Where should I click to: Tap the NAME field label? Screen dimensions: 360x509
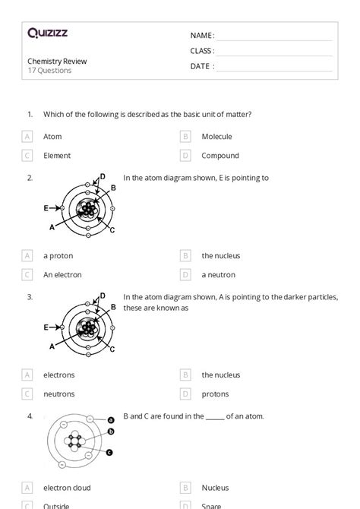202,36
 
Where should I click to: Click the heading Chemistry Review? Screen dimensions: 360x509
57,62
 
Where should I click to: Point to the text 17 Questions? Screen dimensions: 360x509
49,71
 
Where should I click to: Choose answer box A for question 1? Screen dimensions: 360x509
27,137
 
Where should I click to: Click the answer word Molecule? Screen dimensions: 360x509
216,137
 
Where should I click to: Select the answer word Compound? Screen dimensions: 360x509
220,156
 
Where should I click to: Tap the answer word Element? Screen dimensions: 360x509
57,156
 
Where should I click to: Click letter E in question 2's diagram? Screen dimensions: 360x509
46,207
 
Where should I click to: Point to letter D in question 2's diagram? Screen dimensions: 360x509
103,177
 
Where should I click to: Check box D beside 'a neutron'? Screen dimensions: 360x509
185,275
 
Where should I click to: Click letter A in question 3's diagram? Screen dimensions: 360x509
52,346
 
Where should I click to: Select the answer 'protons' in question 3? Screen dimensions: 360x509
215,394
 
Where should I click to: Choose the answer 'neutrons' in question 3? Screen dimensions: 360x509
59,394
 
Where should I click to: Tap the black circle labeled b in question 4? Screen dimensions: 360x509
111,432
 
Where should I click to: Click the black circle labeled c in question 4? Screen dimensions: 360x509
109,453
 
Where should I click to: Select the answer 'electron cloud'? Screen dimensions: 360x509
67,488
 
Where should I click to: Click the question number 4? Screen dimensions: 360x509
30,416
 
